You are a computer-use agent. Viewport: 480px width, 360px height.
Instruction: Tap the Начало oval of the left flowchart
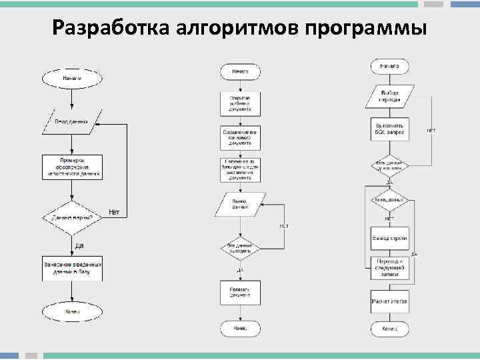click(x=72, y=78)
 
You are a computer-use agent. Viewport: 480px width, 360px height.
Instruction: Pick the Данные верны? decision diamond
click(x=72, y=217)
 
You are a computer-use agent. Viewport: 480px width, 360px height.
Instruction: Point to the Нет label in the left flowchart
click(x=114, y=212)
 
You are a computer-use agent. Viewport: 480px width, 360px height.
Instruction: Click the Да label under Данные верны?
click(x=79, y=245)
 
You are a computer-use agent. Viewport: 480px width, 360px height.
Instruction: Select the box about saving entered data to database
click(x=72, y=269)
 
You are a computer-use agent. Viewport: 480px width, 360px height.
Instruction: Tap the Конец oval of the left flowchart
click(x=72, y=311)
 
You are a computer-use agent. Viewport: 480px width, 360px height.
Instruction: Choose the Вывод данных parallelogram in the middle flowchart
click(x=240, y=204)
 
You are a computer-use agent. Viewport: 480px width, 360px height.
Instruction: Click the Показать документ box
click(x=240, y=292)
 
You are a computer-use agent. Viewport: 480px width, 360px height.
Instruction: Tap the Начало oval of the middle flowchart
click(x=240, y=71)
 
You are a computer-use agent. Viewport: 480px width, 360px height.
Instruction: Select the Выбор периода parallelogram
click(x=390, y=95)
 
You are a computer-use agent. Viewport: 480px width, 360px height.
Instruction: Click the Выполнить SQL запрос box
click(x=390, y=129)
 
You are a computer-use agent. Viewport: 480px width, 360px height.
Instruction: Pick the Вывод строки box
click(x=390, y=238)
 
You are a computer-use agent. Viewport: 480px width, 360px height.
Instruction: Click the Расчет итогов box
click(x=390, y=301)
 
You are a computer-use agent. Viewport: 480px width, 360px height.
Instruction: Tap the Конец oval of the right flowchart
click(x=390, y=329)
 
